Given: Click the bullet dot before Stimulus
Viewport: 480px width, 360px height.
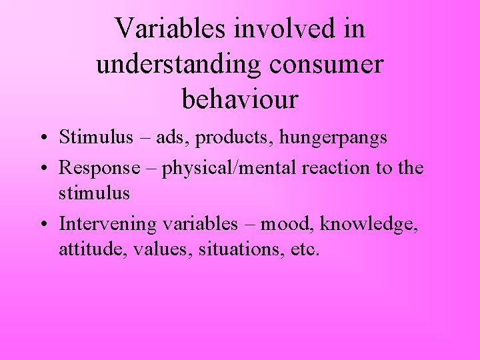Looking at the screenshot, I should coord(42,139).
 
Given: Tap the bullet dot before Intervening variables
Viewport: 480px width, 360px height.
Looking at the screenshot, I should coord(42,225).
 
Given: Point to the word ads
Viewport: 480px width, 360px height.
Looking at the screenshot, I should coord(174,138).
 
